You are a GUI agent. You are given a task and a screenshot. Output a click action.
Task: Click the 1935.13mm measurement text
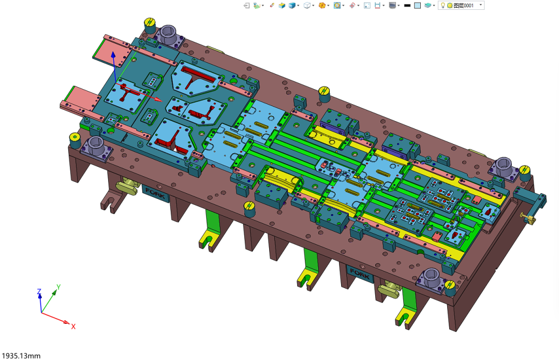(x=21, y=356)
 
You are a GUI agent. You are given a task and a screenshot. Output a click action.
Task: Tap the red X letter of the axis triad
(x=73, y=326)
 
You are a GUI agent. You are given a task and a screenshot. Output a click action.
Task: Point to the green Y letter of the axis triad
(x=58, y=287)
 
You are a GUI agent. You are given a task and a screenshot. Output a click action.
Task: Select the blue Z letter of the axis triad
(x=39, y=292)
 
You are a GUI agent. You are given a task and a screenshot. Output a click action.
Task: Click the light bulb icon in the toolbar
(x=443, y=5)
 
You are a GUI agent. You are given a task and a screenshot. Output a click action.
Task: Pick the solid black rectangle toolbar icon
(x=407, y=6)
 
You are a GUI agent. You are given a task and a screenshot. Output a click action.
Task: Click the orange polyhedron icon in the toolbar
(x=322, y=5)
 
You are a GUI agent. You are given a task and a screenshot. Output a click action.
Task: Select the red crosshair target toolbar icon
(x=352, y=5)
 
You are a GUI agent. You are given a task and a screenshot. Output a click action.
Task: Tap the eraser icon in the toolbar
(x=272, y=5)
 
